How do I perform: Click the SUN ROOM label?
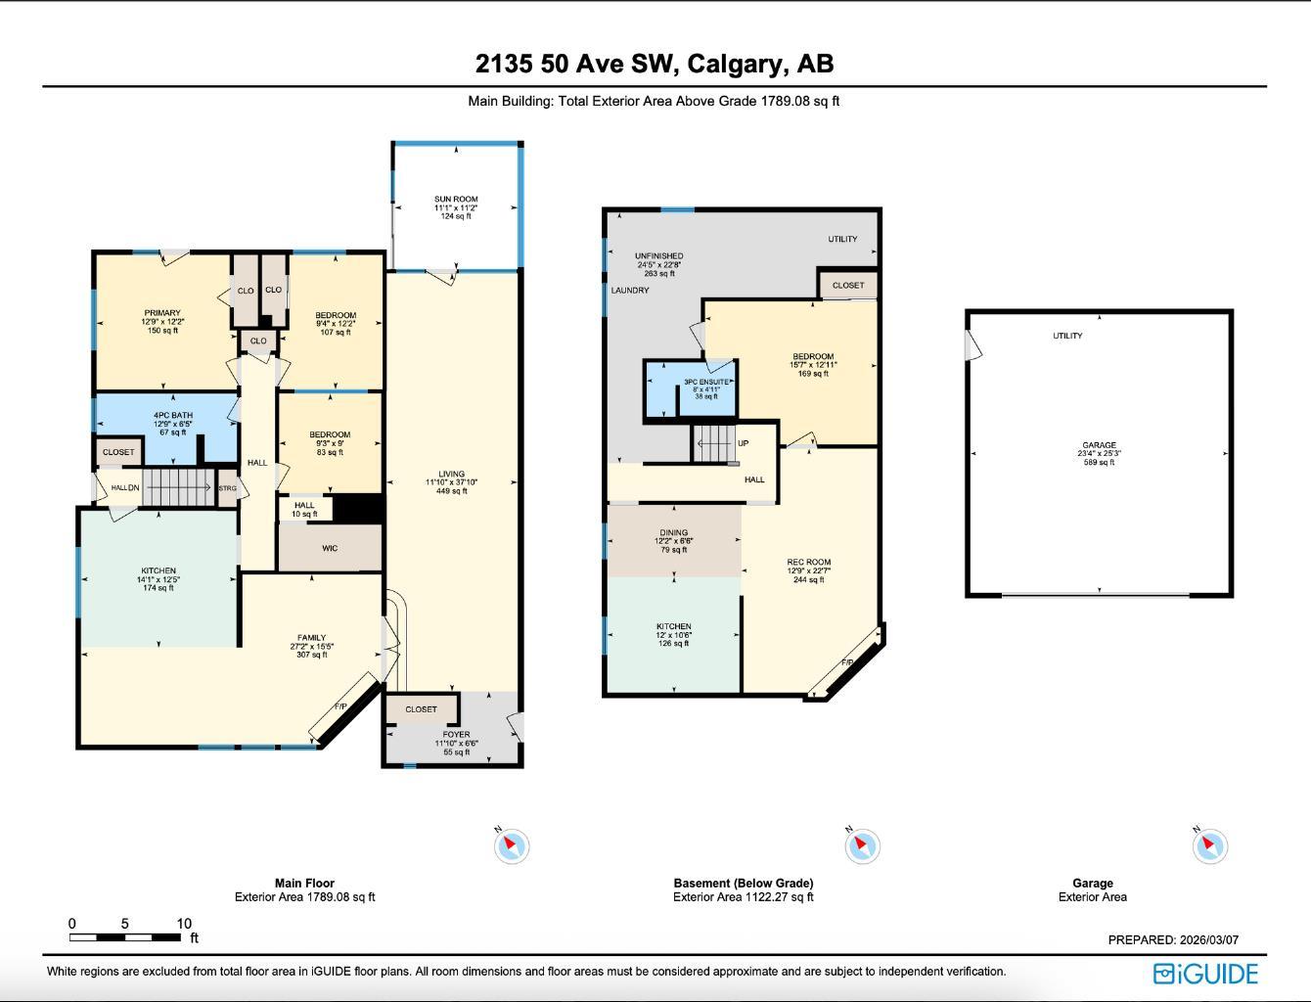click(x=456, y=200)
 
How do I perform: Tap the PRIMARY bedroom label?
click(x=162, y=313)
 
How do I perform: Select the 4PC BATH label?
click(x=172, y=415)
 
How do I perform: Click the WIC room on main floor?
click(x=330, y=548)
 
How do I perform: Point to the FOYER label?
click(x=456, y=734)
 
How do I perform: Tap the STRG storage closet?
click(x=227, y=488)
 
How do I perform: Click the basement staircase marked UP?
click(x=714, y=443)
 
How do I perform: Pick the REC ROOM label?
click(x=808, y=563)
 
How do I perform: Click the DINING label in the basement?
click(x=673, y=533)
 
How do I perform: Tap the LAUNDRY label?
click(x=630, y=291)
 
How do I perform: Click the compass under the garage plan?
click(x=1209, y=845)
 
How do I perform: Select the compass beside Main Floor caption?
click(x=511, y=845)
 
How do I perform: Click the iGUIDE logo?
click(x=1205, y=974)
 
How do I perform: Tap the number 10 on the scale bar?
click(x=184, y=924)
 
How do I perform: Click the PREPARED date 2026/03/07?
click(x=1206, y=939)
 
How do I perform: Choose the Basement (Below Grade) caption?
click(x=743, y=883)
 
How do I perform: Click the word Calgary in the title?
click(x=736, y=64)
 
